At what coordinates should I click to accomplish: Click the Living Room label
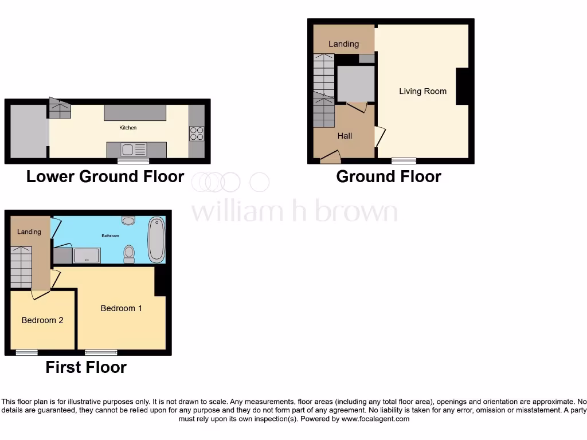coord(422,91)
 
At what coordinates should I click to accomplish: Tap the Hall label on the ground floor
coord(345,136)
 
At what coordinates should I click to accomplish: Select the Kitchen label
coord(128,128)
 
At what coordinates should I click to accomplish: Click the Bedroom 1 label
coord(121,308)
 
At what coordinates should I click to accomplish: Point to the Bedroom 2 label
coord(42,320)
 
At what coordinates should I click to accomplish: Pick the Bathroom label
coord(111,235)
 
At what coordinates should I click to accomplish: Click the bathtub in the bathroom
coord(156,239)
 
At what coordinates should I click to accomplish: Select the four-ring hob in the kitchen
coord(197,133)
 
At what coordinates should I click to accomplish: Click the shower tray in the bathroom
coord(87,255)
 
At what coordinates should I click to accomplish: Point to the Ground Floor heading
coord(389,176)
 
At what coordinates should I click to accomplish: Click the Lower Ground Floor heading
coord(105,176)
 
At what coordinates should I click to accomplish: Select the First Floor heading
coord(86,367)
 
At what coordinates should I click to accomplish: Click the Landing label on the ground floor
coord(343,44)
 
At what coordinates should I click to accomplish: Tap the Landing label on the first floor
coord(29,232)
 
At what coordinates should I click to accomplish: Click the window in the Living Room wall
coord(404,161)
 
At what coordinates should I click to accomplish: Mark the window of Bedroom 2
coord(26,352)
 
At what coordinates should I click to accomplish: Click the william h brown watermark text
coord(294,211)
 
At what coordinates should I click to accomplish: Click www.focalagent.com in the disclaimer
coord(376,419)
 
